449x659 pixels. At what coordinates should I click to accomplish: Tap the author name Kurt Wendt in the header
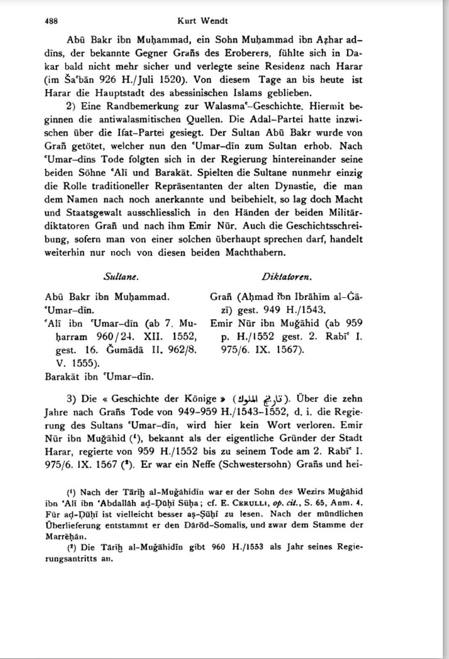(203, 21)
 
